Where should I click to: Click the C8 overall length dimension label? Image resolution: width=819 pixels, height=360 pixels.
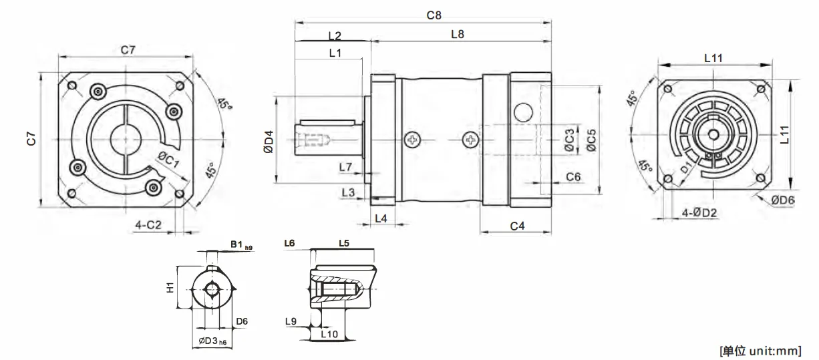[x=433, y=14]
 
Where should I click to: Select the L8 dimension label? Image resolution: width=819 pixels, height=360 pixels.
[x=458, y=34]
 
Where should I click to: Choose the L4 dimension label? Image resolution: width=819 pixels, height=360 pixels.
[x=381, y=218]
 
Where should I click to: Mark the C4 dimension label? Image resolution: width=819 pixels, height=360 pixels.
[x=517, y=226]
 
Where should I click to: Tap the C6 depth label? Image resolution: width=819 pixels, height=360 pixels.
[x=573, y=176]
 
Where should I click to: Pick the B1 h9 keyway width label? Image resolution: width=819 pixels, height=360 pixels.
[x=239, y=245]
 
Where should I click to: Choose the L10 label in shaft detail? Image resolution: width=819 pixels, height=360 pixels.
[x=330, y=333]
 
